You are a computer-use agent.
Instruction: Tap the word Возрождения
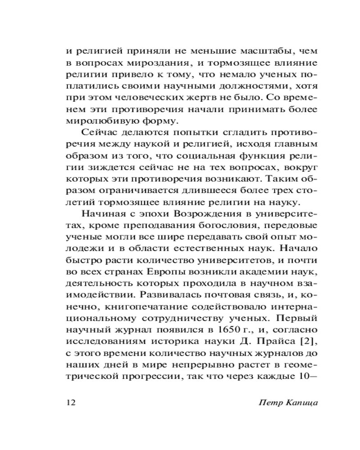pyautogui.click(x=198, y=214)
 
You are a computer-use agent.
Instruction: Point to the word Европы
pyautogui.click(x=152, y=272)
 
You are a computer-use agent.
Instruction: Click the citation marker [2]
pyautogui.click(x=286, y=342)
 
